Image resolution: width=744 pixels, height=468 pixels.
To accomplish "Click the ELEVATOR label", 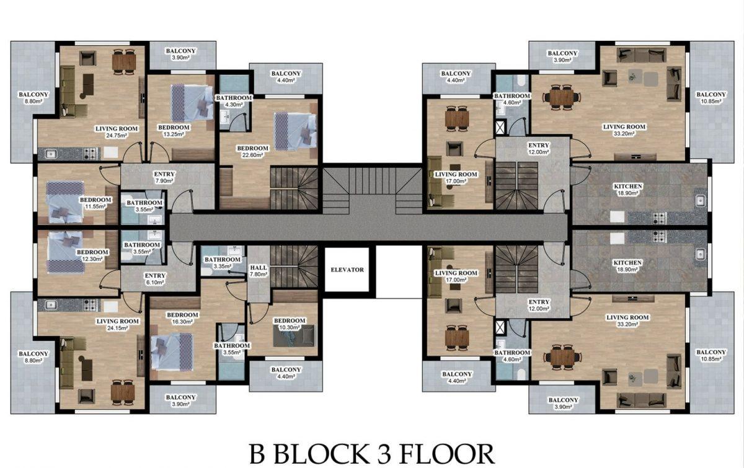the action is click(x=347, y=270).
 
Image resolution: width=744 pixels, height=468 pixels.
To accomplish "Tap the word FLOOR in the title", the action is click(x=446, y=454).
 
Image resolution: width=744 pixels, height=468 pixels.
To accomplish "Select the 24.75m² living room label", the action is click(x=117, y=132).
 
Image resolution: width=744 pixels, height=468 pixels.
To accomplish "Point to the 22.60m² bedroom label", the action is click(x=252, y=151).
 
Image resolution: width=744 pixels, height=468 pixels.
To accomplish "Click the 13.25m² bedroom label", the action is click(x=174, y=131).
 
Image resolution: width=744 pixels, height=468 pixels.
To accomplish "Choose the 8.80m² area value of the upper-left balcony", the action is click(x=33, y=101).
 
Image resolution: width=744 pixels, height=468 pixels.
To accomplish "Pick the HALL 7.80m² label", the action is click(x=259, y=271).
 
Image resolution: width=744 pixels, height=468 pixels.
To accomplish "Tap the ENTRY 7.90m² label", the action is click(x=164, y=177).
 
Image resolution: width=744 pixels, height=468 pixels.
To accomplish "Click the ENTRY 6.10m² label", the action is click(x=155, y=279).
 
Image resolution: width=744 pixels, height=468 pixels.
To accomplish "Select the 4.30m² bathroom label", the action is click(x=234, y=101).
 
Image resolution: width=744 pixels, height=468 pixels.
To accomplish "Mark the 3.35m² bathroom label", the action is click(x=222, y=263).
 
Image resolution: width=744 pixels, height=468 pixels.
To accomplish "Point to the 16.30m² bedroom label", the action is click(x=182, y=318).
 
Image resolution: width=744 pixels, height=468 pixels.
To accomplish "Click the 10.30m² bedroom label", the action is click(x=290, y=324).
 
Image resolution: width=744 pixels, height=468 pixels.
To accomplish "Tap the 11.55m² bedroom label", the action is click(x=95, y=203).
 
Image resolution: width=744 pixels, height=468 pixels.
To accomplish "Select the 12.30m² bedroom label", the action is click(x=92, y=255).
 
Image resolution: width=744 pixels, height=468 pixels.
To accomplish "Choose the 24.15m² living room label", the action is click(x=118, y=325).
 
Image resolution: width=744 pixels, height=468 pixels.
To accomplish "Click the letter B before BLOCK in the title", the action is click(x=257, y=454).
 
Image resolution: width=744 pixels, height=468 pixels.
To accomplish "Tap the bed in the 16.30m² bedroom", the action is click(x=172, y=351).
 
